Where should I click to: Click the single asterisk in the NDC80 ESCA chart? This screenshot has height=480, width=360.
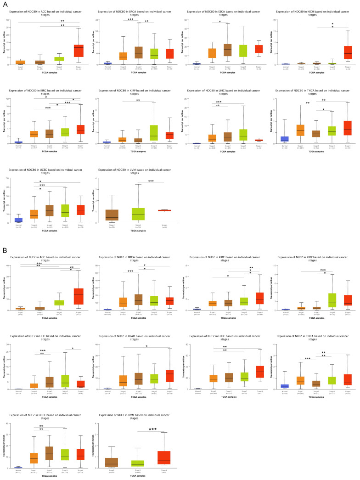[219, 22]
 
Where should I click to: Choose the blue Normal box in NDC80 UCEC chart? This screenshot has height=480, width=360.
[19, 220]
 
